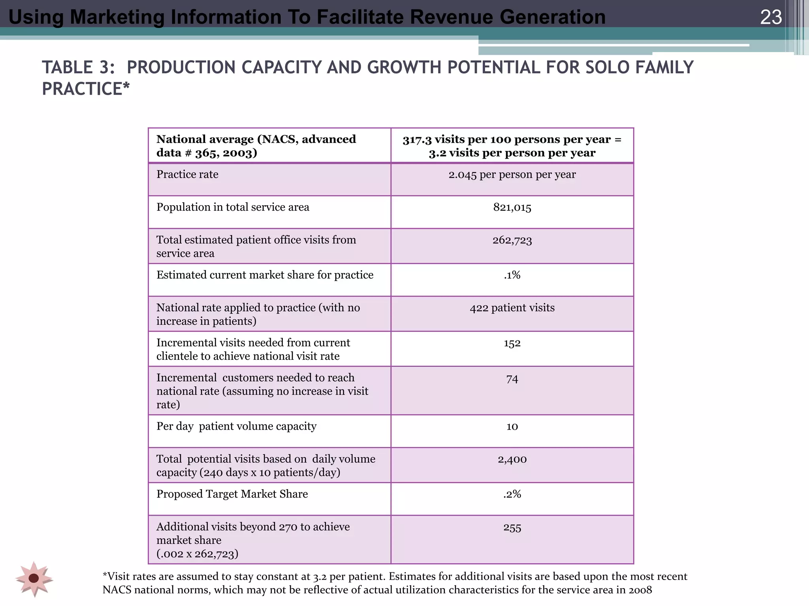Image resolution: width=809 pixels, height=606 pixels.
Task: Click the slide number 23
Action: (771, 17)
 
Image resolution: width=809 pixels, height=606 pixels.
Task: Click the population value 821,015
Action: (512, 208)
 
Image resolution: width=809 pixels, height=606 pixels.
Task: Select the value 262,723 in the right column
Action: (512, 240)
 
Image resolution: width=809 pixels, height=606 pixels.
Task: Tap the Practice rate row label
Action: (187, 174)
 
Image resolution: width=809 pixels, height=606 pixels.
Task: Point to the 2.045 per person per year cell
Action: (512, 174)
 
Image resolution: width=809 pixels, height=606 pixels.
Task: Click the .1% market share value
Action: (512, 275)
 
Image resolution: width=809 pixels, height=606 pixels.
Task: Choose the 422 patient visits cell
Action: (512, 308)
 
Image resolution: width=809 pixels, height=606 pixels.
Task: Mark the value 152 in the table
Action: (512, 343)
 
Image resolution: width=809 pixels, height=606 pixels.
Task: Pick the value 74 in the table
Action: (512, 379)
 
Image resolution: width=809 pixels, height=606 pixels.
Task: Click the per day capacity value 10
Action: (512, 426)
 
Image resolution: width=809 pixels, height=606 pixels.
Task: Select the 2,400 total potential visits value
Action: (512, 459)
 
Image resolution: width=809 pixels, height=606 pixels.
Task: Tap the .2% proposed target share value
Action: (512, 494)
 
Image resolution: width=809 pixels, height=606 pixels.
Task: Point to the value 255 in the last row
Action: (512, 527)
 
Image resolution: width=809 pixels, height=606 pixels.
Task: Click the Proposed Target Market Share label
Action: (232, 494)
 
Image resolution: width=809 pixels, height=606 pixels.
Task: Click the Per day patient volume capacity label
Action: (236, 426)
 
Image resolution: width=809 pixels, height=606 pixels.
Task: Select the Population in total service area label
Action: (233, 208)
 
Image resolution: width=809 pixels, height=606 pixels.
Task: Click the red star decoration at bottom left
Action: (34, 578)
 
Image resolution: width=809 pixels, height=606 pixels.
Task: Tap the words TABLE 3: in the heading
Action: (78, 67)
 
